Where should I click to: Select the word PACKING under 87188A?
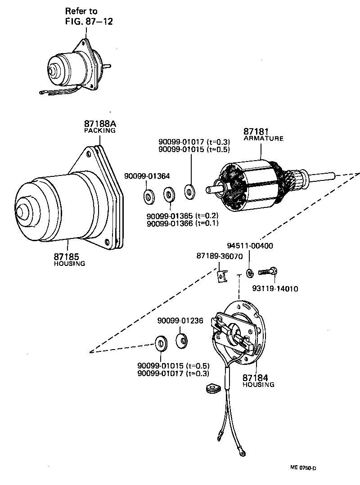[x=99, y=130]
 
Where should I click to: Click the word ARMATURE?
[x=264, y=139]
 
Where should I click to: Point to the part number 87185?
[x=67, y=256]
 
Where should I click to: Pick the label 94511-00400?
[x=250, y=246]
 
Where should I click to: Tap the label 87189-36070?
[x=220, y=256]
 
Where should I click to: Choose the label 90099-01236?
[x=180, y=321]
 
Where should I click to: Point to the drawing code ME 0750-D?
[x=303, y=468]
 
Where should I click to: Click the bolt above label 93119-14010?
[x=269, y=271]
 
